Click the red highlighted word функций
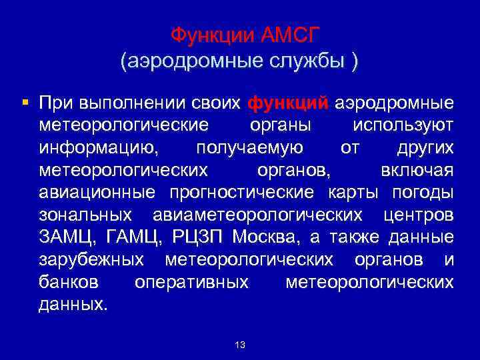click(288, 103)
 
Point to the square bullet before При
click(25, 103)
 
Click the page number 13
click(240, 345)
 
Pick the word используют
click(404, 125)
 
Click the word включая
click(417, 170)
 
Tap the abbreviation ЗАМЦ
click(64, 237)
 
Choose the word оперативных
click(191, 281)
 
